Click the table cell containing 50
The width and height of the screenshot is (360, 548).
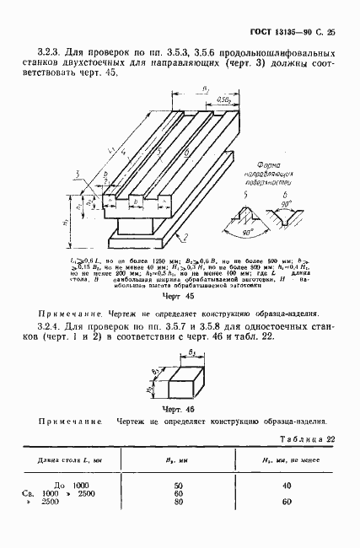(x=178, y=486)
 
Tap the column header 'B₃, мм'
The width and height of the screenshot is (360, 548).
(x=178, y=460)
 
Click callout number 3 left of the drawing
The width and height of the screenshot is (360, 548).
(x=77, y=175)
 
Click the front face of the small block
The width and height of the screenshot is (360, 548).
(x=183, y=387)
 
